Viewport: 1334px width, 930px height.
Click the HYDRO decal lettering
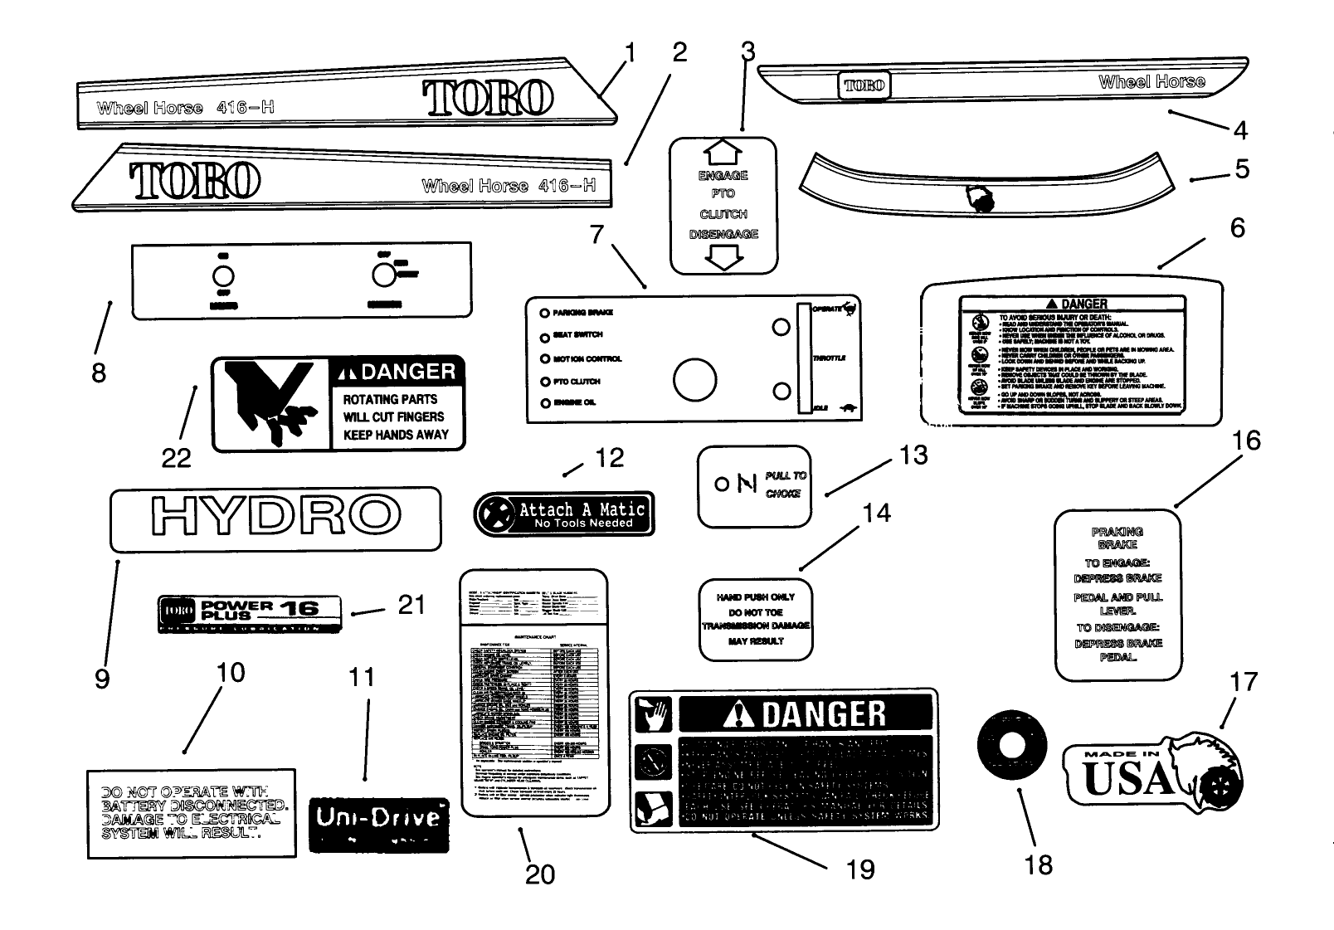click(x=275, y=517)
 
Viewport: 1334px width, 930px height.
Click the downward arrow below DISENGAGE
click(x=723, y=258)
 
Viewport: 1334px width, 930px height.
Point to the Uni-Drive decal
click(x=378, y=824)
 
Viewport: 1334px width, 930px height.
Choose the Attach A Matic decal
click(x=564, y=514)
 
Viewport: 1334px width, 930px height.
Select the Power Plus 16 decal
click(x=250, y=612)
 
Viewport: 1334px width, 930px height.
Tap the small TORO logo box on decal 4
click(x=864, y=85)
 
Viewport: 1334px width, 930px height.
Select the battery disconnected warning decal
click(x=192, y=813)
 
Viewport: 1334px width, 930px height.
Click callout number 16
click(x=1246, y=441)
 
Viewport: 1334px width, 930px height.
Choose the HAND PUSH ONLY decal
click(x=756, y=619)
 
